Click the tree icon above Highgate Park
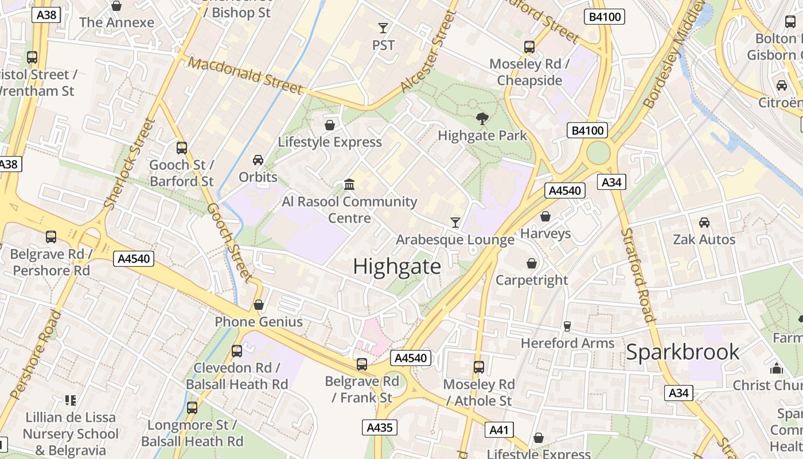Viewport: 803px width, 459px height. pos(482,119)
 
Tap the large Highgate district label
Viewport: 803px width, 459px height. pos(397,267)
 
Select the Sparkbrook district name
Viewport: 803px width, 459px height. pos(683,352)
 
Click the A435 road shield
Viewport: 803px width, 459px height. pos(380,427)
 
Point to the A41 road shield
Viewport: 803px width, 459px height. pos(499,430)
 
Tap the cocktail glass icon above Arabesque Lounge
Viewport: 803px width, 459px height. pos(455,222)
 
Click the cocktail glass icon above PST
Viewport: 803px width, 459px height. pos(383,28)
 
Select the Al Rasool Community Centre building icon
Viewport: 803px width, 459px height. pos(349,184)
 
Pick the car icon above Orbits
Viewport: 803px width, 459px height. pos(258,160)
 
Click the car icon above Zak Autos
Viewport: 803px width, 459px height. pos(704,222)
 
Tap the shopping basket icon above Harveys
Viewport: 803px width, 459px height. pos(545,216)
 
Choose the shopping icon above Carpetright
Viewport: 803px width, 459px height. pos(532,263)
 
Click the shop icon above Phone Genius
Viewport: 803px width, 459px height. pos(259,305)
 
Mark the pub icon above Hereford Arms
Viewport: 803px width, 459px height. pos(567,326)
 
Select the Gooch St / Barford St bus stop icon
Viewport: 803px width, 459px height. pos(182,148)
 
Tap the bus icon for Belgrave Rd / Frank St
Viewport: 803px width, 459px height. pos(361,364)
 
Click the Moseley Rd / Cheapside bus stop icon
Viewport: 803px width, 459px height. pos(529,47)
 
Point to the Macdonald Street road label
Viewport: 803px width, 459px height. pos(245,75)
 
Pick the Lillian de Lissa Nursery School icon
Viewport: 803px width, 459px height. pos(71,400)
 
